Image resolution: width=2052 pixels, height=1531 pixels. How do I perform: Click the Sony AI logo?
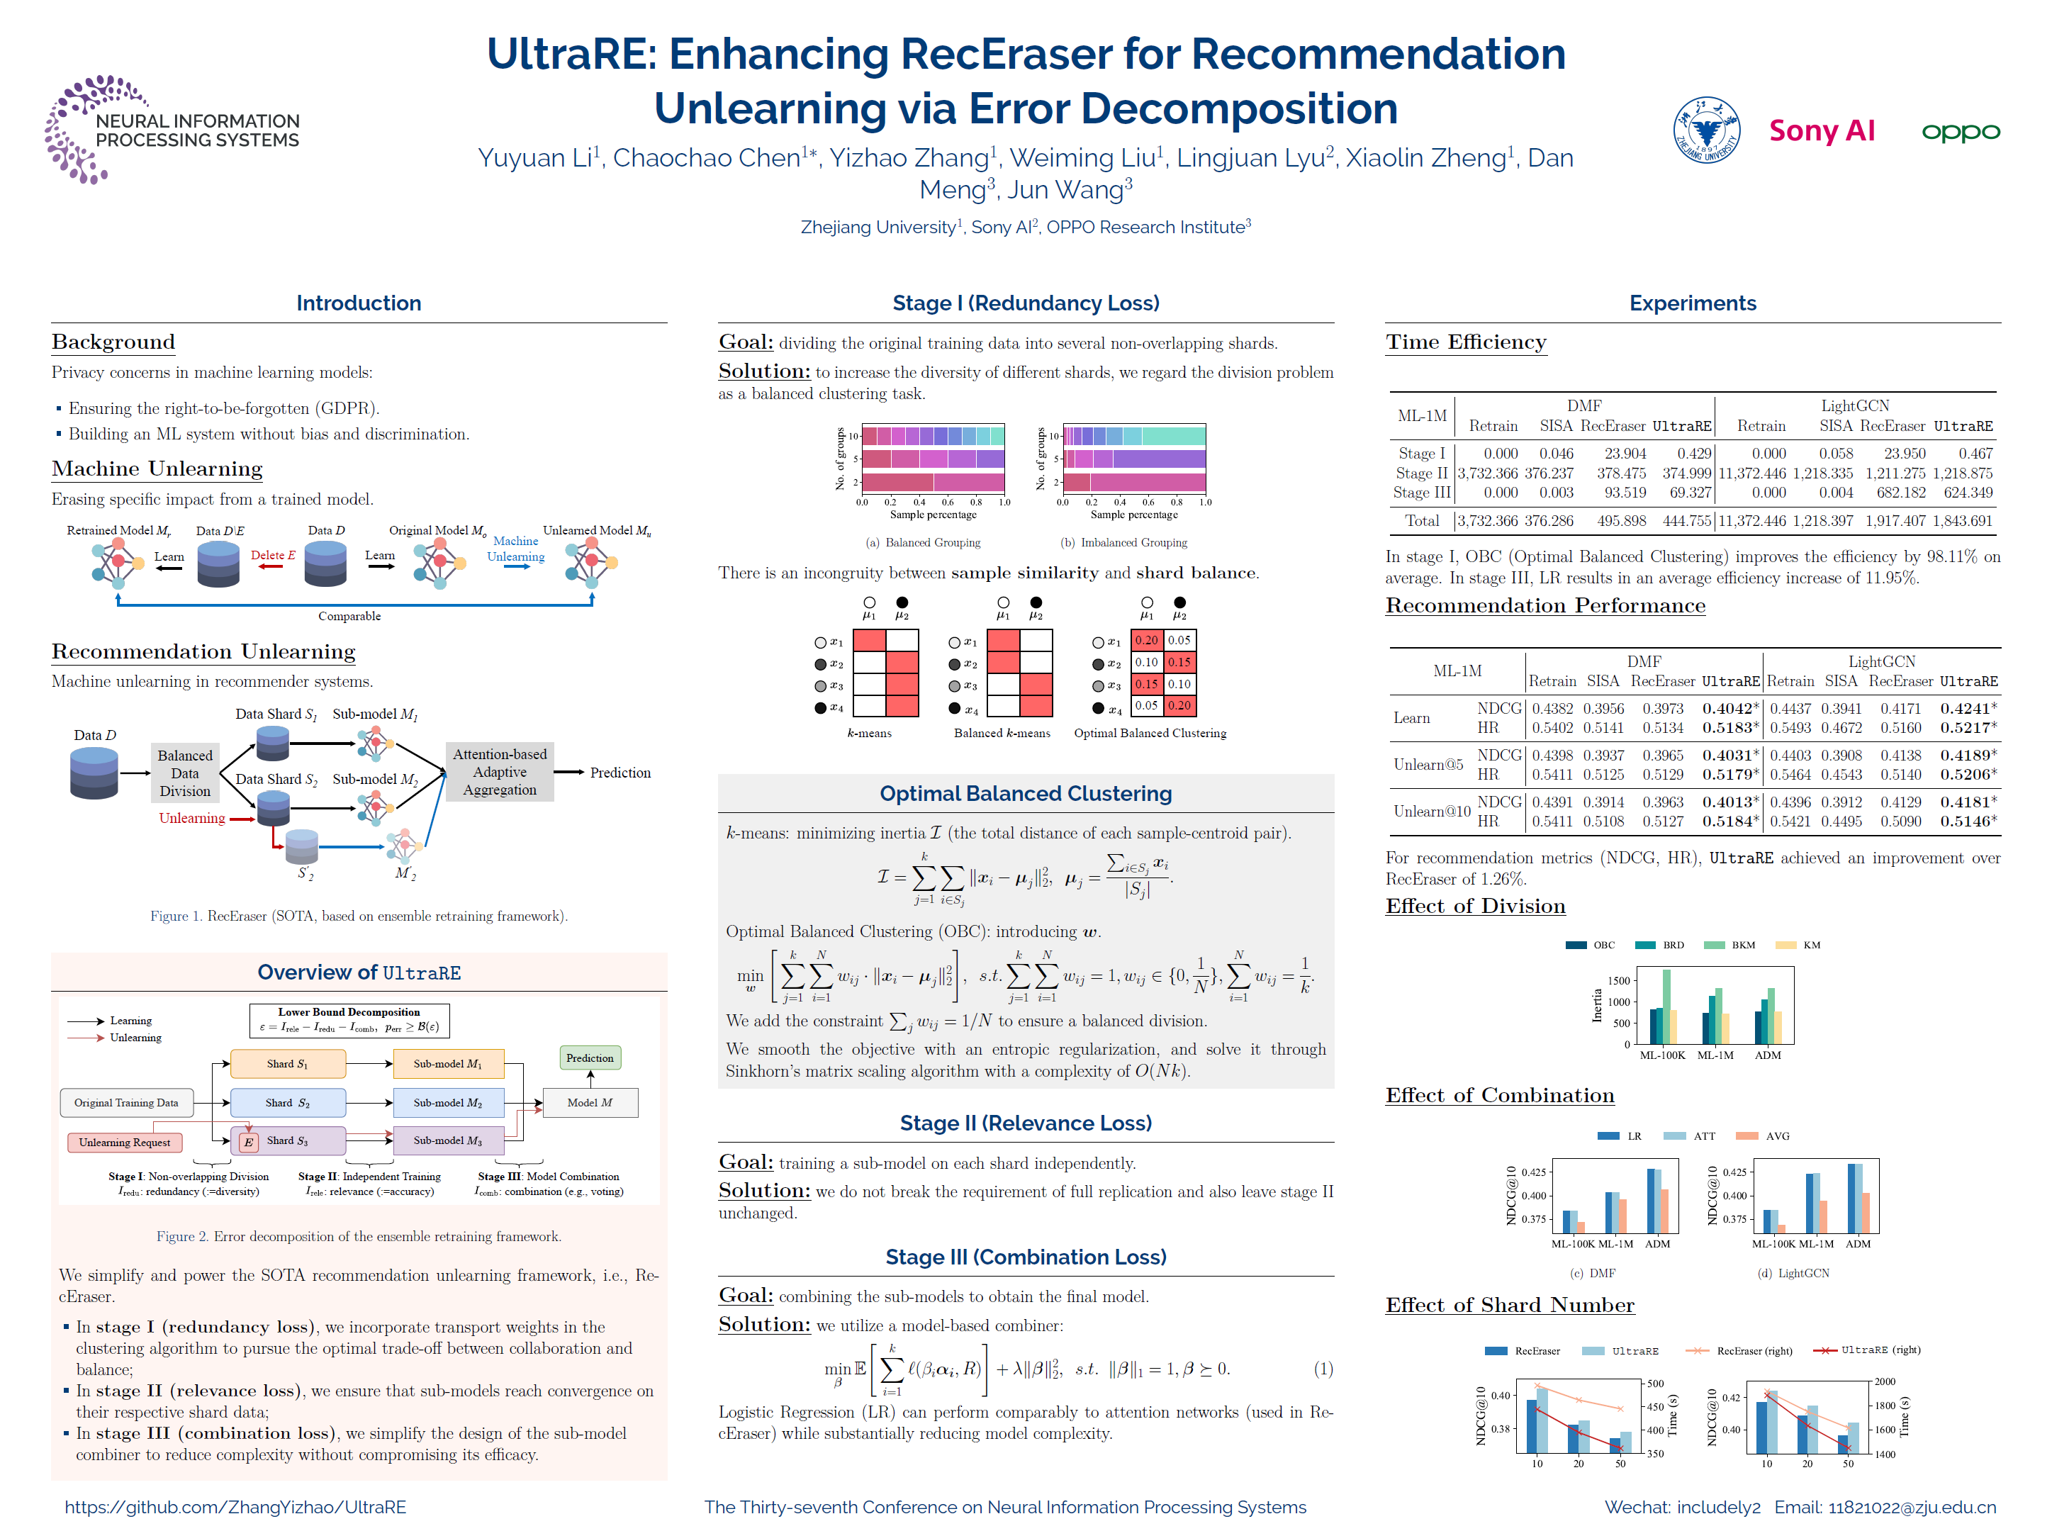click(1820, 130)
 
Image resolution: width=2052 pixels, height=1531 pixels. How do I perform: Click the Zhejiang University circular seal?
click(1705, 130)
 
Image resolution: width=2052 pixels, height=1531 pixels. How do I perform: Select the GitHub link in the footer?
click(235, 1507)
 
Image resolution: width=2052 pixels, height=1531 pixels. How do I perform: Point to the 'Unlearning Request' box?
click(124, 1142)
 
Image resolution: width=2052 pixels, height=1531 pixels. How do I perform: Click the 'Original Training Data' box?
click(126, 1102)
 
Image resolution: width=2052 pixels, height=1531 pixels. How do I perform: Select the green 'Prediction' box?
click(590, 1058)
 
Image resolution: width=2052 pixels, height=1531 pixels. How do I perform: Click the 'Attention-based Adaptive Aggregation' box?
click(500, 772)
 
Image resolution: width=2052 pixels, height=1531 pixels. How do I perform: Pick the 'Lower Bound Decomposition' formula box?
click(349, 1019)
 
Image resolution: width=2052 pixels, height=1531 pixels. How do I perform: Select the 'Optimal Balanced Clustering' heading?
click(1025, 793)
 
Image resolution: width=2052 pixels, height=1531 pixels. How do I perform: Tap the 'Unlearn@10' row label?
click(1431, 811)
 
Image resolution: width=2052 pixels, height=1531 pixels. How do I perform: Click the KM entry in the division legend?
click(1810, 946)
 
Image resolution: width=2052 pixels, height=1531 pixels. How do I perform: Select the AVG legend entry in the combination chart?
click(1776, 1136)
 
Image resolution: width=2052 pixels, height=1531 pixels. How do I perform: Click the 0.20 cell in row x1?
click(1145, 640)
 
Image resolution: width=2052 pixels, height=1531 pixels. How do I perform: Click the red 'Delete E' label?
click(272, 555)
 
